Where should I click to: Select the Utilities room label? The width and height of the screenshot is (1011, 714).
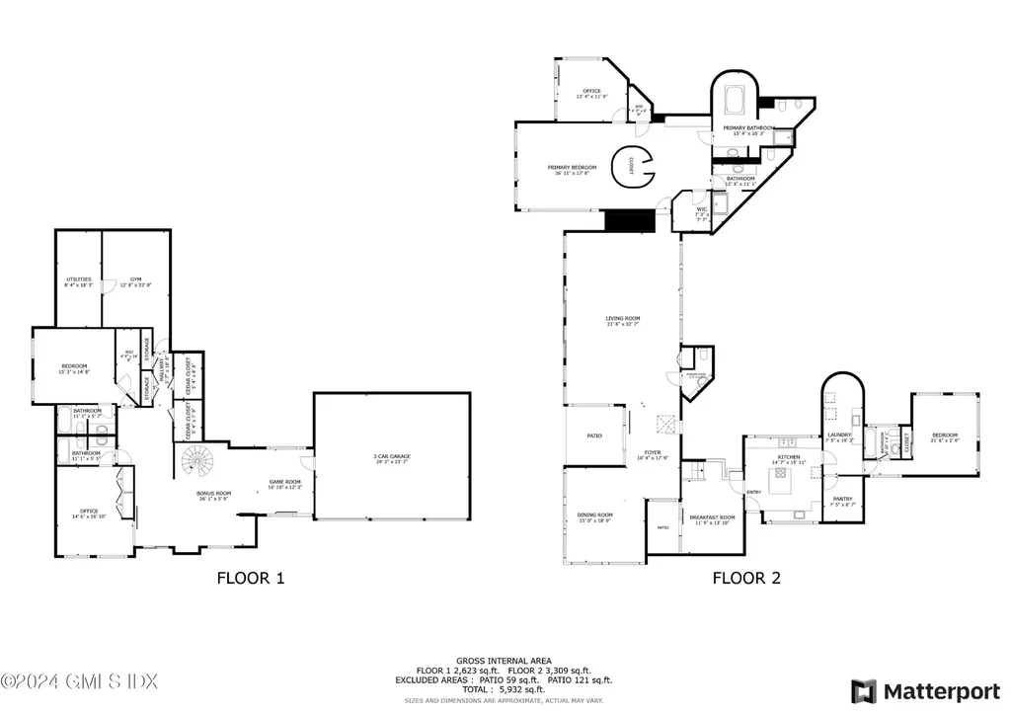click(x=79, y=281)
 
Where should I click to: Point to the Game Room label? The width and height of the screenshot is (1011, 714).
click(x=284, y=484)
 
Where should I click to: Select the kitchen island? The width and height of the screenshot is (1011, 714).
click(x=782, y=485)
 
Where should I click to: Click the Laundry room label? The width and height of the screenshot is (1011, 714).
click(x=839, y=436)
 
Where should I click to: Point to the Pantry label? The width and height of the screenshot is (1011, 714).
click(x=842, y=501)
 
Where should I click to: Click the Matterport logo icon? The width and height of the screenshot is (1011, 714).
click(x=864, y=690)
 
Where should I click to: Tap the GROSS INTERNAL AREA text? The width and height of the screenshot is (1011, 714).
click(x=504, y=661)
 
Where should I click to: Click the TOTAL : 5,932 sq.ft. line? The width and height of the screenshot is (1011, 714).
click(x=504, y=689)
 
